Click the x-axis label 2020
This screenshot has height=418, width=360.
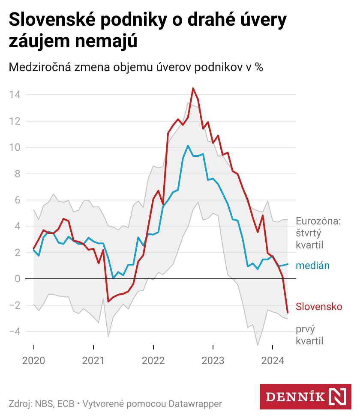[x=33, y=360]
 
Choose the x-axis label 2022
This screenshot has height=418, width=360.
[x=153, y=360]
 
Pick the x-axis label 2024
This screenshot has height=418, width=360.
[x=273, y=360]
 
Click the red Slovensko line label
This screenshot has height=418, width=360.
[x=319, y=307]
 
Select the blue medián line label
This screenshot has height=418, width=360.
[x=312, y=266]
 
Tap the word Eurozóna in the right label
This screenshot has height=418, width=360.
[x=318, y=221]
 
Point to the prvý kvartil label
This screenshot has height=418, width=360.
[x=309, y=335]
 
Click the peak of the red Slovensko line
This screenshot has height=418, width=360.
[x=193, y=88]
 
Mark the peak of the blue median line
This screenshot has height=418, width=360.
[x=188, y=146]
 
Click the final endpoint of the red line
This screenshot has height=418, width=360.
[x=288, y=313]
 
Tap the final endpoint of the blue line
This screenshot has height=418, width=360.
[x=288, y=264]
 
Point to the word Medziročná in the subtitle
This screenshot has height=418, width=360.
[x=39, y=67]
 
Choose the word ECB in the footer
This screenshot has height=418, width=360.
[x=66, y=403]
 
